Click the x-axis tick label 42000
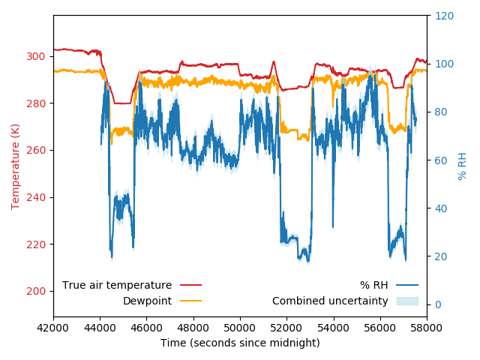click(x=53, y=328)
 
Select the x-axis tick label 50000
click(x=240, y=328)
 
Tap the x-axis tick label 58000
click(x=427, y=328)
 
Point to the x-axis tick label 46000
click(x=147, y=328)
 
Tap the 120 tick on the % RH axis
click(x=442, y=16)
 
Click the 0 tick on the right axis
click(x=437, y=304)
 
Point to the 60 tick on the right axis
click(x=439, y=160)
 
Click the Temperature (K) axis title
click(x=16, y=166)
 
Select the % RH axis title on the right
click(x=463, y=166)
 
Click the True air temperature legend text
click(x=117, y=285)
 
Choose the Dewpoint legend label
click(x=147, y=301)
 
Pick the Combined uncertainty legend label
click(x=330, y=301)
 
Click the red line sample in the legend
click(x=191, y=285)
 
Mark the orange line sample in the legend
click(x=191, y=301)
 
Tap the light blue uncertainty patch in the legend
click(x=407, y=301)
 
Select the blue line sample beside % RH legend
click(x=407, y=285)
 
